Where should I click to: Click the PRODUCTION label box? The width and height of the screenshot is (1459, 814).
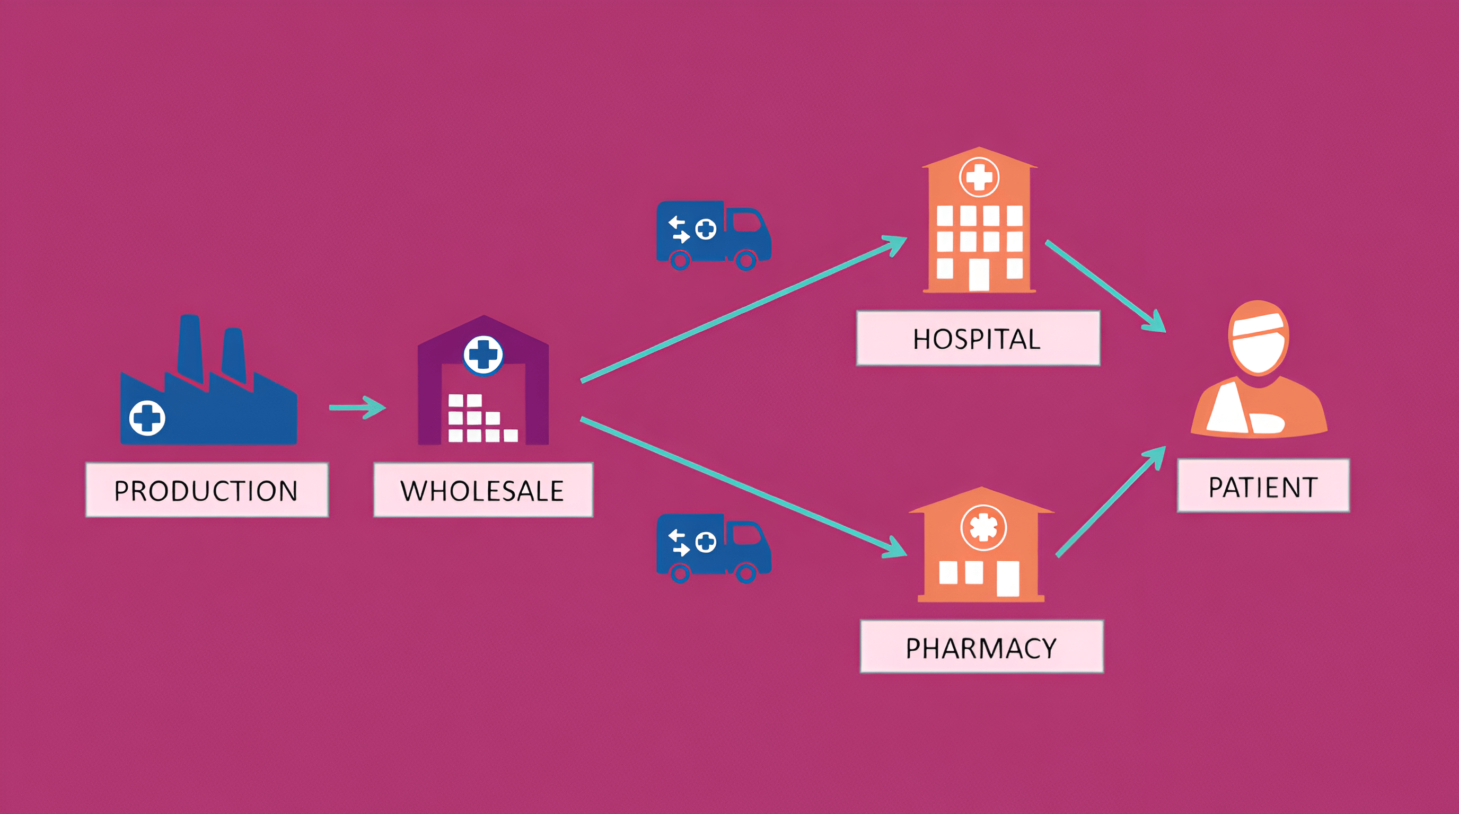tap(207, 490)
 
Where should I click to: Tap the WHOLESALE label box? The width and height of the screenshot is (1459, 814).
tap(483, 490)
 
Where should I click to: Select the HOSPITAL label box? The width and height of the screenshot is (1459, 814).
tap(978, 338)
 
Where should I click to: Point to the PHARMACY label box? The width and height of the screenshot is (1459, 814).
tap(981, 647)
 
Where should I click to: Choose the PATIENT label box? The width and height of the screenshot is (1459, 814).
tap(1263, 485)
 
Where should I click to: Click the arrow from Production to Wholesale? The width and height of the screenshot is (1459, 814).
tap(357, 407)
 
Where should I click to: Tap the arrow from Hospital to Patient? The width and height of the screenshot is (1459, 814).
tap(1104, 286)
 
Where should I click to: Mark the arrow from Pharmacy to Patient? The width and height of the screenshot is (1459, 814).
tap(1110, 501)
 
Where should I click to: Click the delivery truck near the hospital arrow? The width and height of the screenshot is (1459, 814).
tap(713, 235)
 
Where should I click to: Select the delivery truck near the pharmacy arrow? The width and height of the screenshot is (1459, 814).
tap(713, 548)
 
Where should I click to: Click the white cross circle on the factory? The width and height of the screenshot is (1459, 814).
tap(147, 418)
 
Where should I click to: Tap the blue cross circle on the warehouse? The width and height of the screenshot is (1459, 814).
tap(483, 355)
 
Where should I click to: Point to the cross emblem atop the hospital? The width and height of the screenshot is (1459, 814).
tap(979, 177)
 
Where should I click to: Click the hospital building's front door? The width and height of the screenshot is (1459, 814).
tap(979, 274)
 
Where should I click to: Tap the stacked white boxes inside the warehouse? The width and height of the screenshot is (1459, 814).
tap(479, 419)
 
